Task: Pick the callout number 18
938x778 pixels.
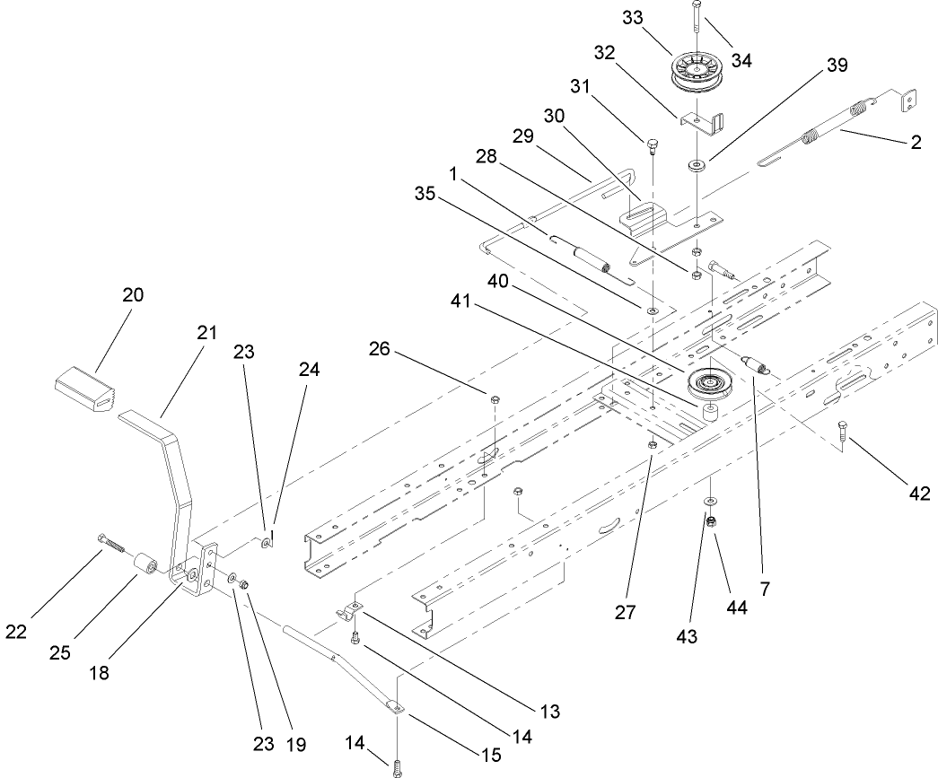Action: tap(100, 671)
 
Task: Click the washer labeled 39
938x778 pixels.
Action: tap(696, 166)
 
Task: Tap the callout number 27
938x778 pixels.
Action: tap(626, 613)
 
